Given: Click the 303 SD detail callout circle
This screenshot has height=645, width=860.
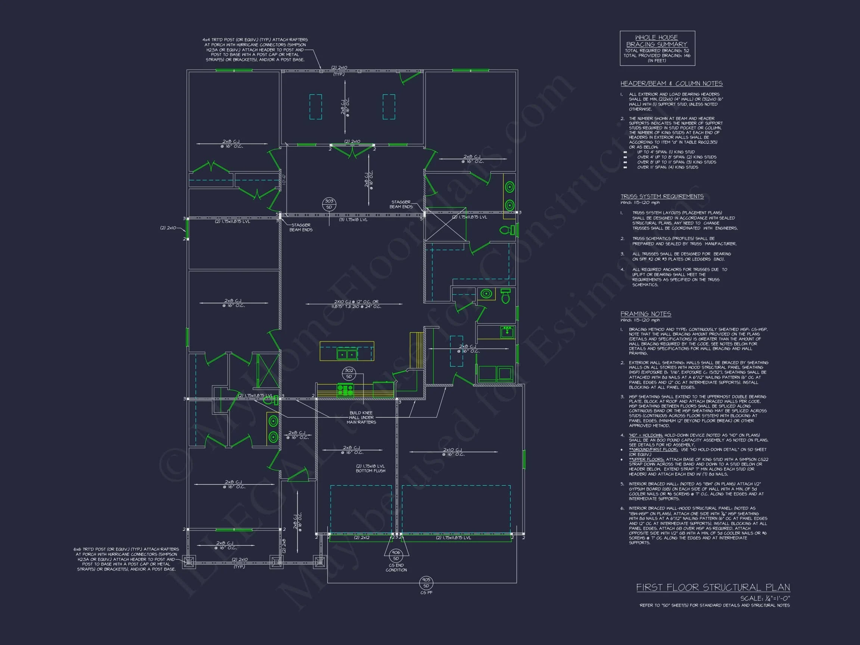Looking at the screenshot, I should [x=329, y=204].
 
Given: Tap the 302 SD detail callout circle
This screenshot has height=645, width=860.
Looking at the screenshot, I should [x=349, y=373].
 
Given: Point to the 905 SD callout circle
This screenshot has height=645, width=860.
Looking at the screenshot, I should [x=426, y=583].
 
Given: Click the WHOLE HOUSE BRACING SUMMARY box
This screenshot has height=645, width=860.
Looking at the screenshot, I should [x=657, y=48].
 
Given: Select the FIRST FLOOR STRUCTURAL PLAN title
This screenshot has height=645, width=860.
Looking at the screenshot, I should [x=713, y=588].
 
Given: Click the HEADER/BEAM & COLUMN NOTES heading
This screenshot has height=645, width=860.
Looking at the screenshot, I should [x=672, y=84].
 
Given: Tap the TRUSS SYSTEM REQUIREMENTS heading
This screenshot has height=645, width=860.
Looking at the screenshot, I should [x=662, y=196].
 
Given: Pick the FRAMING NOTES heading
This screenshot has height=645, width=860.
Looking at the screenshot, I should [x=645, y=314].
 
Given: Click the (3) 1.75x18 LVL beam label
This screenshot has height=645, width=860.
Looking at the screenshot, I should [x=353, y=219].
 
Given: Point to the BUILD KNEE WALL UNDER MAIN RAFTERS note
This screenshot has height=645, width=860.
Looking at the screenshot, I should [x=361, y=418].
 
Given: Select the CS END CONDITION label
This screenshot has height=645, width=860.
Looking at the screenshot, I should [x=396, y=568].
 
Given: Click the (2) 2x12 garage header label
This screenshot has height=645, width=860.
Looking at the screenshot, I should [x=362, y=538].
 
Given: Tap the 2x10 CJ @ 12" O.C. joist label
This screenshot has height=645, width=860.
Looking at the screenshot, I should [x=356, y=304].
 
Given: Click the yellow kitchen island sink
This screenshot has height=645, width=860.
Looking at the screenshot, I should [x=347, y=354].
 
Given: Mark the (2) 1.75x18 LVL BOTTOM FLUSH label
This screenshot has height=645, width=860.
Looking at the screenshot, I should [x=371, y=468].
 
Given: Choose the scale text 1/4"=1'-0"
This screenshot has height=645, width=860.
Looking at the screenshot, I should [x=765, y=598].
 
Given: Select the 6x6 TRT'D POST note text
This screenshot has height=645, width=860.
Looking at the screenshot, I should [x=127, y=559].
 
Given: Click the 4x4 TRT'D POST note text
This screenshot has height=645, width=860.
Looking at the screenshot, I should [x=255, y=50].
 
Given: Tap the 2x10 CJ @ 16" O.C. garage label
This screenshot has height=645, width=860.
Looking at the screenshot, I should [x=453, y=452].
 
